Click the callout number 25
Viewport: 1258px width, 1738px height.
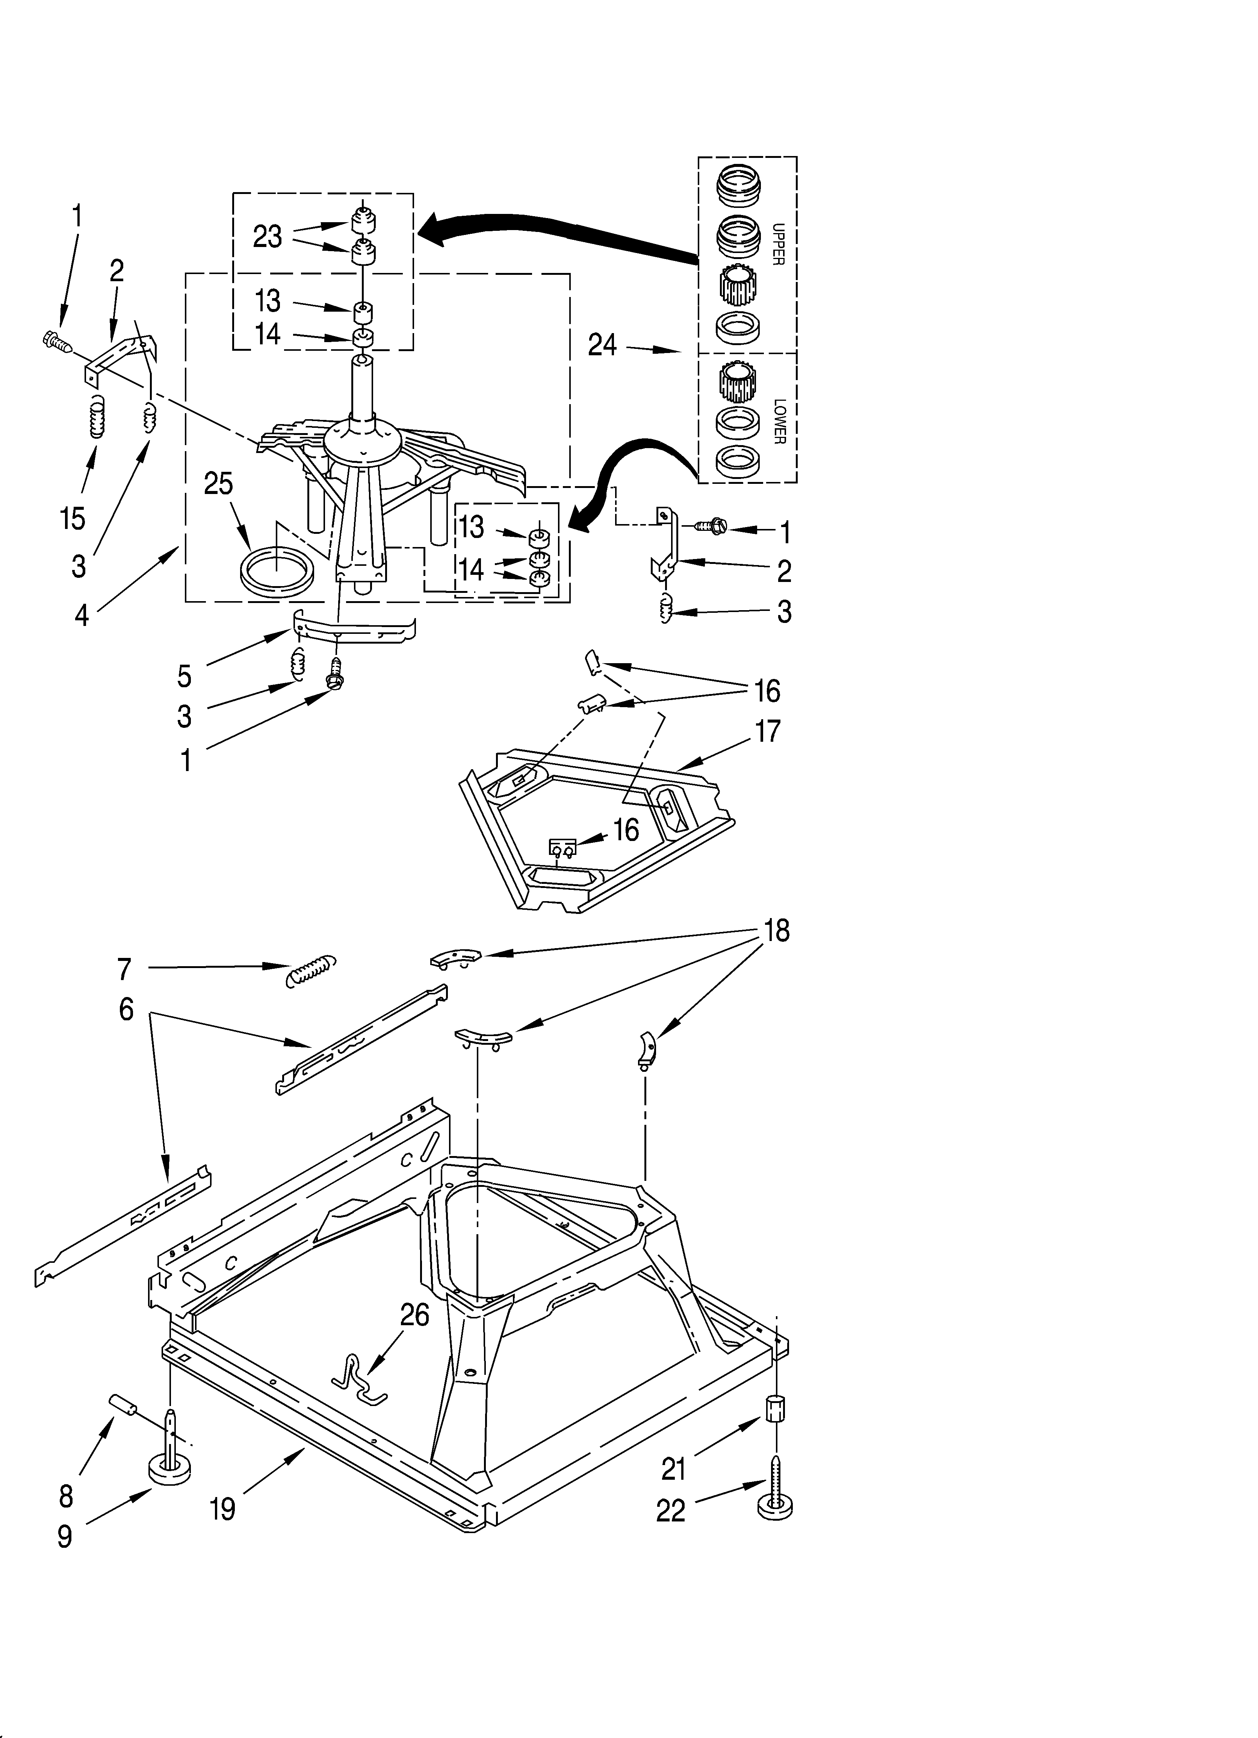coord(218,484)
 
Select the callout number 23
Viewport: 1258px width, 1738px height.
coord(268,237)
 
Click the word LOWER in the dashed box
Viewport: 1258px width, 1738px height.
coord(780,421)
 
